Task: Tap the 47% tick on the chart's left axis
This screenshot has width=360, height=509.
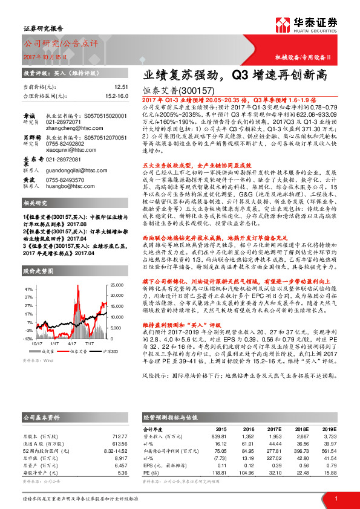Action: coord(28,289)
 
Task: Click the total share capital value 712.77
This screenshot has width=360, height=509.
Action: coord(120,435)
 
